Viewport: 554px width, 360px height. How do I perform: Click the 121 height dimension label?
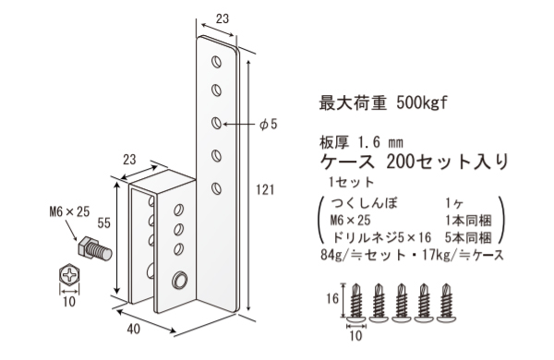point(265,189)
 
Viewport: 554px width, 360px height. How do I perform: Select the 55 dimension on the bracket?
point(102,223)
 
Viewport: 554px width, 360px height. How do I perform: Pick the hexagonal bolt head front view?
point(70,274)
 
